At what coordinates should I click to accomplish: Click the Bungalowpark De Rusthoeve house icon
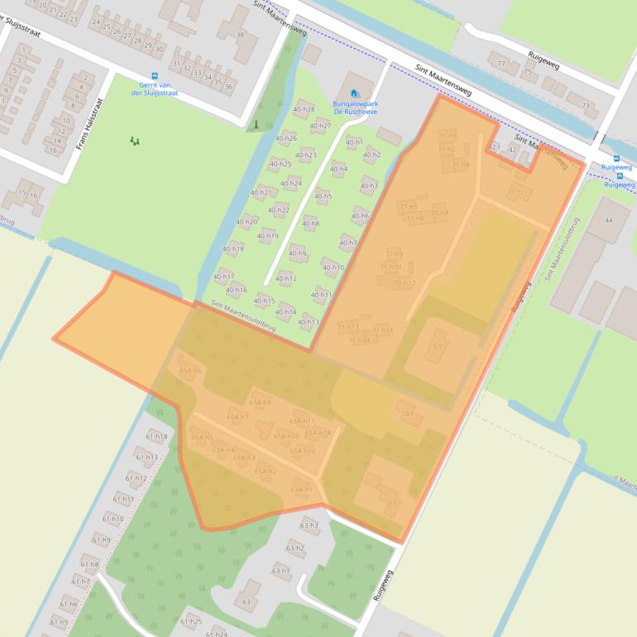point(354,93)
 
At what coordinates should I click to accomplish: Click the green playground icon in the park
point(134,141)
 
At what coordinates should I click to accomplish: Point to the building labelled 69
point(438,346)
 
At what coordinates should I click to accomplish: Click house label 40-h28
point(304,109)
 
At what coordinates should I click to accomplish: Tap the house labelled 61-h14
point(156,436)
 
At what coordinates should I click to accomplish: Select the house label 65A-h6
point(190,371)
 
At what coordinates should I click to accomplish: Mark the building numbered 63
point(247,601)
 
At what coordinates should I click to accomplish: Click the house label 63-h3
point(309,525)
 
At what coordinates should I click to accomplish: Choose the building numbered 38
point(240,35)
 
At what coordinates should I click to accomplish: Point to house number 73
point(587,106)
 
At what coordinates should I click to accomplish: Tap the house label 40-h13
point(308,322)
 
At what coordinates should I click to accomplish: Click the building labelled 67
point(409,413)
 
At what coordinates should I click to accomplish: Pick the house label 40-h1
point(354,142)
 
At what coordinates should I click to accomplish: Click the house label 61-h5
point(59,622)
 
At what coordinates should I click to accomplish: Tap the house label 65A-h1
point(301,490)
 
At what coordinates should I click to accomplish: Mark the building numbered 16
point(33,196)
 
